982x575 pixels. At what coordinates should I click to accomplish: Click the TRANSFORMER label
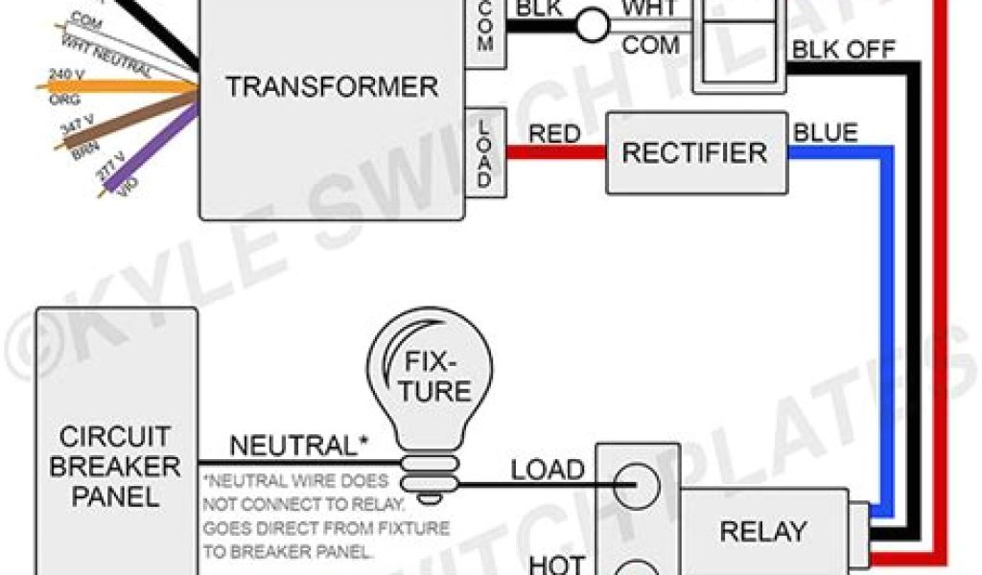click(332, 87)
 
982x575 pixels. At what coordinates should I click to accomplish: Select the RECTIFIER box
click(695, 152)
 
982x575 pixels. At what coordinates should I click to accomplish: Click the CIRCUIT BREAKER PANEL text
click(115, 467)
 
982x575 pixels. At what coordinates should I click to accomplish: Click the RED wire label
click(555, 133)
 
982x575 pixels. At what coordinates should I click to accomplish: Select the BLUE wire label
click(826, 132)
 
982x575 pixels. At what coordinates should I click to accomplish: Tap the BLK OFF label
click(843, 50)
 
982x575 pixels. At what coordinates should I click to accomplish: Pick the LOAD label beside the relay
click(547, 470)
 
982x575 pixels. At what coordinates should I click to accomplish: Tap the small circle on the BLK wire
click(593, 26)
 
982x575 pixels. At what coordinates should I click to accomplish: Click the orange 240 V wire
click(115, 86)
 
